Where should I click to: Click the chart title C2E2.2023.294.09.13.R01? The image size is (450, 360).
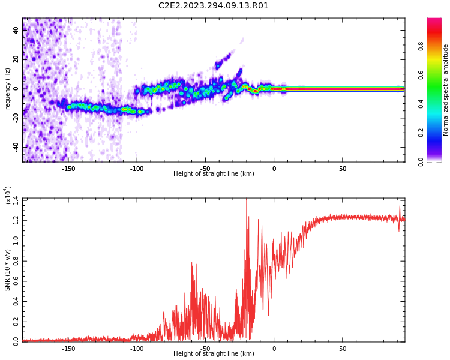213,5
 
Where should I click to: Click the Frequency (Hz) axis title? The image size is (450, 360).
7,90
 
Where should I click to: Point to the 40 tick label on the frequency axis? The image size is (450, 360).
16,30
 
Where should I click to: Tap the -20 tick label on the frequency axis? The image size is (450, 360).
16,118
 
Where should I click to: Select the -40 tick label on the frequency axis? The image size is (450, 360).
16,147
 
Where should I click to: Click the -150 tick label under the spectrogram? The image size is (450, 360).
68,169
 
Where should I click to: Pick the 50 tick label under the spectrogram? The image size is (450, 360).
343,169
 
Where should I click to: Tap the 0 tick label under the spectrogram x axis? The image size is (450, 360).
274,169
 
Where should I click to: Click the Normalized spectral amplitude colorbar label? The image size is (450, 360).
445,90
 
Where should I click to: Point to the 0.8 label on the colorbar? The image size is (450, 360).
421,46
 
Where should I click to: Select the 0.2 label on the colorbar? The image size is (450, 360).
421,133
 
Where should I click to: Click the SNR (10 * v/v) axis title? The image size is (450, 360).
7,270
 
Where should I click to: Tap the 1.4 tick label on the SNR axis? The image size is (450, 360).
16,200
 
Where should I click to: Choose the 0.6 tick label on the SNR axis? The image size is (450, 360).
16,281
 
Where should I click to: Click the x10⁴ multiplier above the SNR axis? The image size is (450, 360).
8,195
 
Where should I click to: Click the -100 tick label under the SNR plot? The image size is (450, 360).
137,349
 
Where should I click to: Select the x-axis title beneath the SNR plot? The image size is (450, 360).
214,353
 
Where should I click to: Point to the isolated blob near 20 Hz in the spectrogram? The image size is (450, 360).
223,61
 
